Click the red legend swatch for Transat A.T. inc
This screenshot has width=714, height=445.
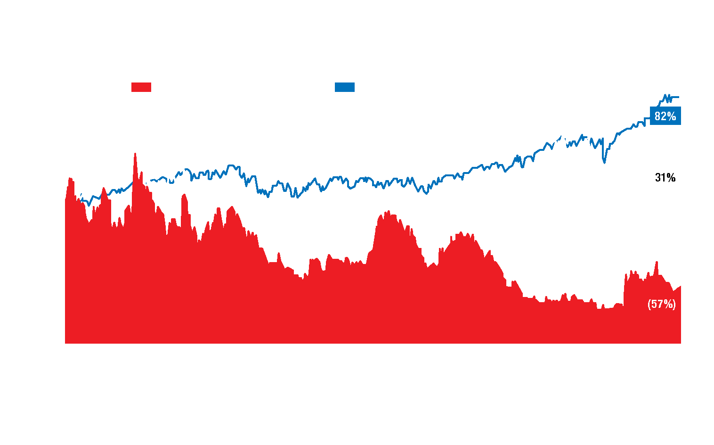141,88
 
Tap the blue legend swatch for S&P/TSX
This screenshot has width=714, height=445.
344,88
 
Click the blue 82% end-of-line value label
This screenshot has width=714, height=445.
665,116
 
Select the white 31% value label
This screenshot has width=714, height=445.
665,178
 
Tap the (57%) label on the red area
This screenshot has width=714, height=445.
662,305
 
